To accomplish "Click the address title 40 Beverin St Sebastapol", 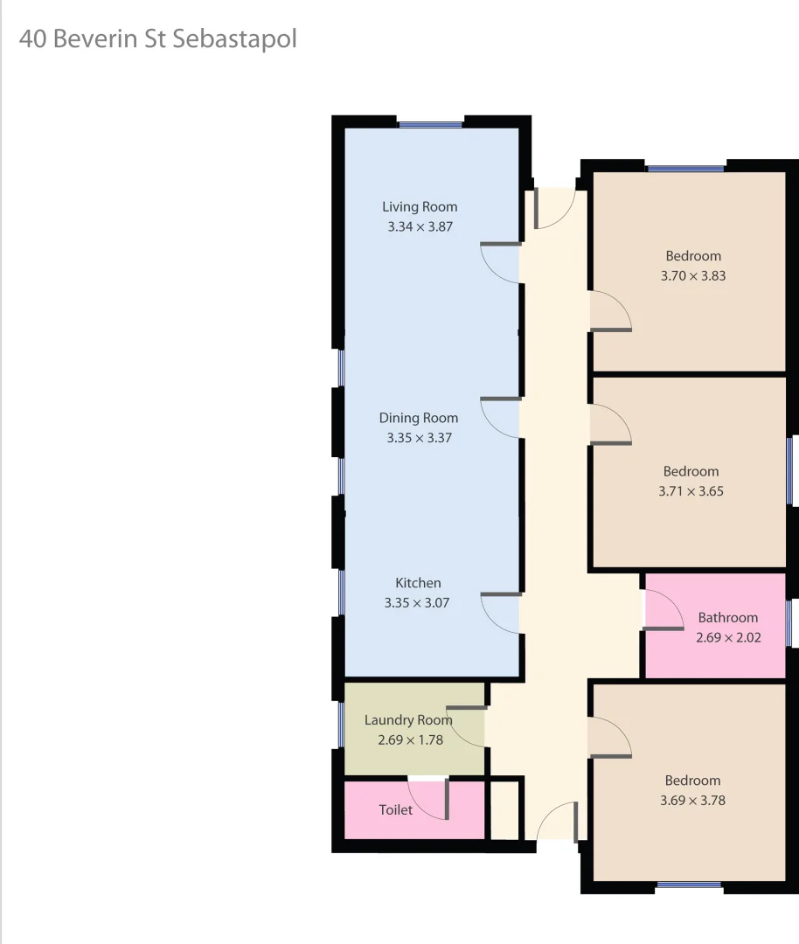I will pos(157,40).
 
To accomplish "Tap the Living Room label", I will pos(420,207).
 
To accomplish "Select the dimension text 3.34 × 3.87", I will pos(420,226).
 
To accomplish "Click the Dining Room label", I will pos(419,418).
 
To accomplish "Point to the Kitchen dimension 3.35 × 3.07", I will pos(417,602).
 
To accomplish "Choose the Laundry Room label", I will pos(408,720).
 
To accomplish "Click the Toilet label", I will pos(395,810).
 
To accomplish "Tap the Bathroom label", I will pos(727,618).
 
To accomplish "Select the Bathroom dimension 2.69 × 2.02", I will pos(728,637).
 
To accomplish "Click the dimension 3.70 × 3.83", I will pos(693,275).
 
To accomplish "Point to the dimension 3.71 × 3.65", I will pos(691,491).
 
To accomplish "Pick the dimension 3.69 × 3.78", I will pos(692,800).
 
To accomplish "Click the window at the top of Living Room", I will pos(430,125).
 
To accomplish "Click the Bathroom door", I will pos(664,609).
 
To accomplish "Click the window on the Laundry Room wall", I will pos(341,725).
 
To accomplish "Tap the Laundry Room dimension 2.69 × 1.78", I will pos(411,739).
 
